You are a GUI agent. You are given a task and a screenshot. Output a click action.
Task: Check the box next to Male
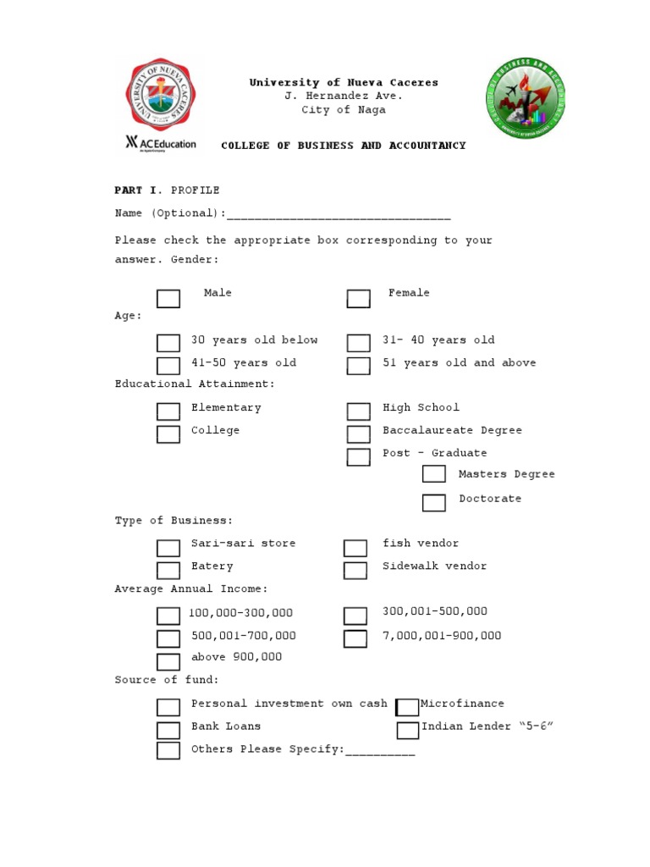coord(168,298)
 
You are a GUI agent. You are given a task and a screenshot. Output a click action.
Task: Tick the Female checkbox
coord(359,298)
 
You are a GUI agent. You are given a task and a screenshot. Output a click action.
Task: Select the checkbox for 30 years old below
coord(168,343)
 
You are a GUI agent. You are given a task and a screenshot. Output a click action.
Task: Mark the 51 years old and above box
coord(359,366)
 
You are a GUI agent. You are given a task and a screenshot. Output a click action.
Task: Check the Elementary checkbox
coord(168,411)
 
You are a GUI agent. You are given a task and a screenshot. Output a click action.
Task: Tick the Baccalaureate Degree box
coord(359,434)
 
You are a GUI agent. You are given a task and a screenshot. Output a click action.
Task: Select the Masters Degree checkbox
coord(434,474)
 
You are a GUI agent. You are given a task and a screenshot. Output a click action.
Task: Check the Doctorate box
coord(434,503)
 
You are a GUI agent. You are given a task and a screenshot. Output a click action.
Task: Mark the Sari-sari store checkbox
coord(168,548)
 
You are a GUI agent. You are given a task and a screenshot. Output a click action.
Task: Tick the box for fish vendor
coord(355,548)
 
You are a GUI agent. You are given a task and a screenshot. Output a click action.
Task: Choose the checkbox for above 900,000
coord(168,662)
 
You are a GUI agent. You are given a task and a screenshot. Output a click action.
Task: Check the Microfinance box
coord(407,707)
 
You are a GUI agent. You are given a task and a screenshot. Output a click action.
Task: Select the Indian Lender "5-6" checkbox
coord(408,730)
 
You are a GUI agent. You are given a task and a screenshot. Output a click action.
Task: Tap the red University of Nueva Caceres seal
coord(159,97)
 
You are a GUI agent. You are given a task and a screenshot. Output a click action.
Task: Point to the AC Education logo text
coord(161,143)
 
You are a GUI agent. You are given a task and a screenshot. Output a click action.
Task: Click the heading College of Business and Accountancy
coord(344,146)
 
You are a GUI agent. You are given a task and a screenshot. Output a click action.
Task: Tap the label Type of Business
coord(174,521)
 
